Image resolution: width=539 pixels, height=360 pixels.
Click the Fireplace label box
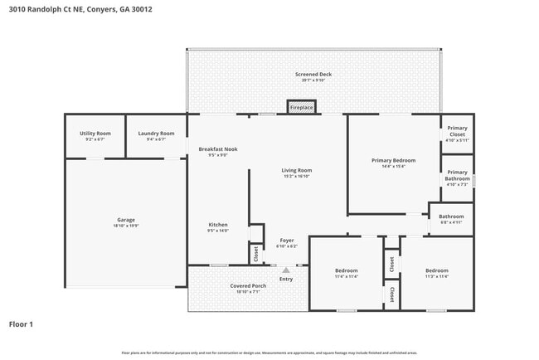[x=301, y=108]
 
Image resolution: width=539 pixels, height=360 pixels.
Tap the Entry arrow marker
[x=286, y=270]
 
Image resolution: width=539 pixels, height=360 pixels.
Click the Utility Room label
[x=95, y=135]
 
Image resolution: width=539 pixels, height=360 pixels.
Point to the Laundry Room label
[x=156, y=135]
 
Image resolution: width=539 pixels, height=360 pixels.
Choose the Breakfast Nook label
[x=218, y=151]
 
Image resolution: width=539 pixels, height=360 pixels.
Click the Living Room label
[x=297, y=173]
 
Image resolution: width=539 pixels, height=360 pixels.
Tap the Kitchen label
[x=218, y=227]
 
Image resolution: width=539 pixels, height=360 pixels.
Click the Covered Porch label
[x=248, y=288]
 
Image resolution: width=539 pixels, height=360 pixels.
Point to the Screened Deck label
[x=313, y=76]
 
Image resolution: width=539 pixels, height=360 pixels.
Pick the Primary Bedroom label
[x=393, y=163]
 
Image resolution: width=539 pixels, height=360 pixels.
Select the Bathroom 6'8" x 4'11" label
[x=450, y=219]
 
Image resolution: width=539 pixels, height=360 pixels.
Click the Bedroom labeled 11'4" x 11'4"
[x=347, y=273]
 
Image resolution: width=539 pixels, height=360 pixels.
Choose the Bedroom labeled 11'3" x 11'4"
[x=436, y=273]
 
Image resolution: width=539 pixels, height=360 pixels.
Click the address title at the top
[x=80, y=9]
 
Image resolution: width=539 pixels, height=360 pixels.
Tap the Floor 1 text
[x=21, y=324]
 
